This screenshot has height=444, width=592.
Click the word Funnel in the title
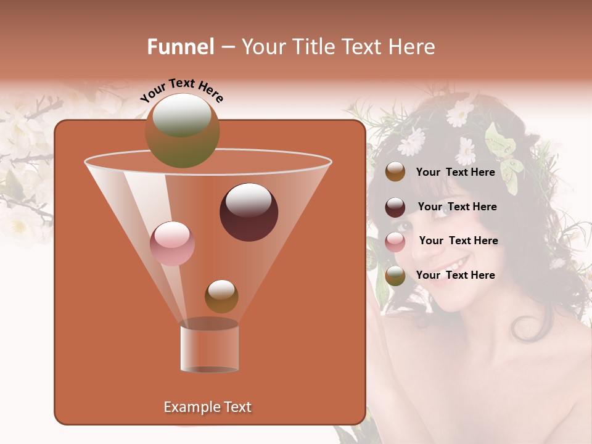180,47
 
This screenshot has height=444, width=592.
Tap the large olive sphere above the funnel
182,131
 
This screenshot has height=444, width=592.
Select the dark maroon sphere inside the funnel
249,212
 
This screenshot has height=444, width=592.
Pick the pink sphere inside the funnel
173,244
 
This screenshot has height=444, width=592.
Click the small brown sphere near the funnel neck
221,296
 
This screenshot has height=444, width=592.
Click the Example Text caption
207,407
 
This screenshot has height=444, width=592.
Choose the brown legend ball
395,172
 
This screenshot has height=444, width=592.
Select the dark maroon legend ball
395,207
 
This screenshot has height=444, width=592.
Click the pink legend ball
395,242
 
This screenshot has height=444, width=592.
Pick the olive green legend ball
395,276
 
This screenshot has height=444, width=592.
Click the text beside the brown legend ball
455,172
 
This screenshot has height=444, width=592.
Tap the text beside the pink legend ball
458,240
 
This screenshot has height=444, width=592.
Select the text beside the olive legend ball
455,275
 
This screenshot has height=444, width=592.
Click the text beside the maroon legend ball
457,207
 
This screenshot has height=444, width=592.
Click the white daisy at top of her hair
459,113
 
